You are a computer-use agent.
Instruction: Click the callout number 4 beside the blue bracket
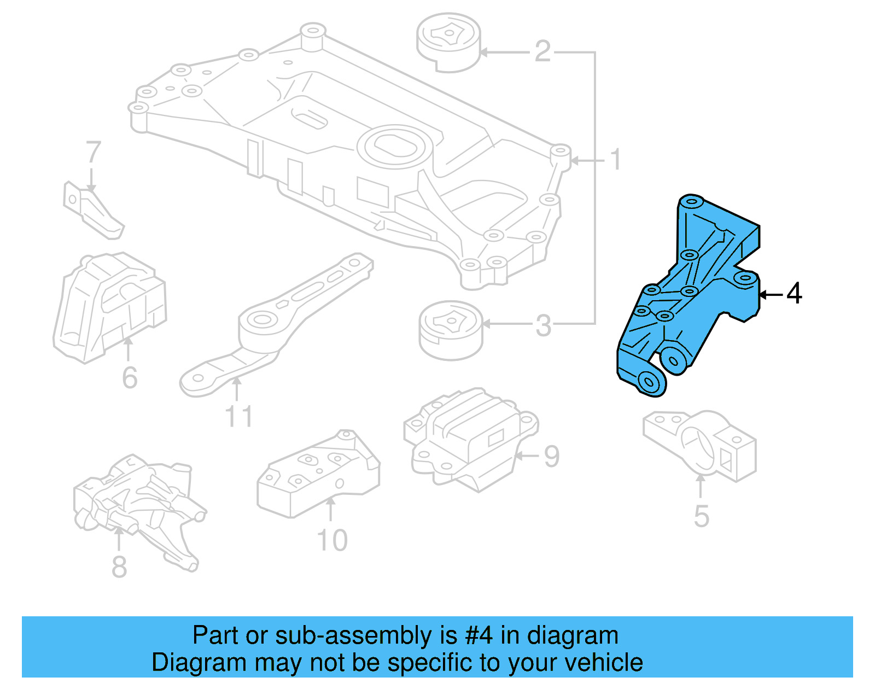[794, 294]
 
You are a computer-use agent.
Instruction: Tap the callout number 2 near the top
[542, 51]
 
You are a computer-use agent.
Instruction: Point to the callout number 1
[615, 160]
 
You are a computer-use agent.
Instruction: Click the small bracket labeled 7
[92, 211]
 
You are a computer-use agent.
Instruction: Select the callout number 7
[94, 153]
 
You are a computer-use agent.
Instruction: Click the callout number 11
[239, 417]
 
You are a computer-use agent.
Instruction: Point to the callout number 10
[332, 540]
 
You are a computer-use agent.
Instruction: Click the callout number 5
[701, 516]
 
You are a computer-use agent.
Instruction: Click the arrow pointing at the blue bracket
[771, 295]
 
